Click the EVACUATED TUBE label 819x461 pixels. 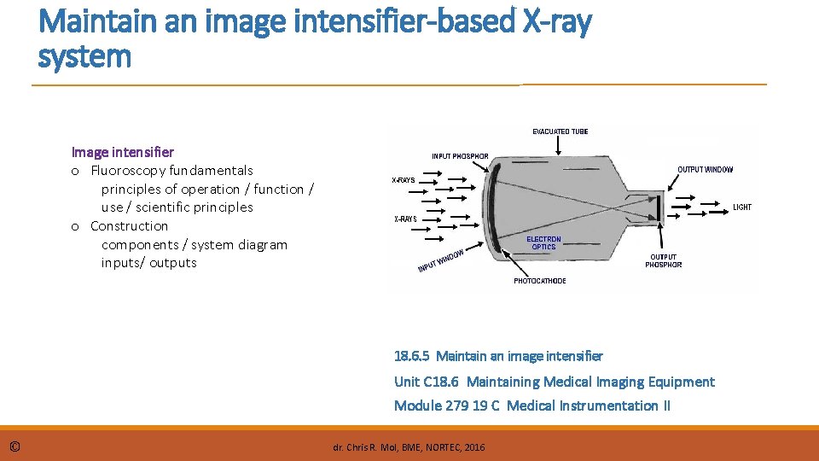[x=561, y=131]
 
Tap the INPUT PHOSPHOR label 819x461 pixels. [x=460, y=156]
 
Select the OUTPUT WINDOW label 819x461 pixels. [x=705, y=170]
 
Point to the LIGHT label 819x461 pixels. [x=742, y=207]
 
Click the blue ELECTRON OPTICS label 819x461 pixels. [x=543, y=243]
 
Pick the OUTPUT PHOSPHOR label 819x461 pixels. [x=663, y=260]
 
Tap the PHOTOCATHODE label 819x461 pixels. [x=539, y=281]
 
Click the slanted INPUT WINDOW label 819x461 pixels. [x=440, y=261]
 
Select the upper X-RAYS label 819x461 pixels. [x=404, y=180]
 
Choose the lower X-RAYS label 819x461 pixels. [x=405, y=219]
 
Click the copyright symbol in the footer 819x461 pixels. [x=16, y=446]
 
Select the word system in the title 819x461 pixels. [x=84, y=57]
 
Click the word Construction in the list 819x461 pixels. [x=129, y=226]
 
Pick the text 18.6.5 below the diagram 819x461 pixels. [x=411, y=356]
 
